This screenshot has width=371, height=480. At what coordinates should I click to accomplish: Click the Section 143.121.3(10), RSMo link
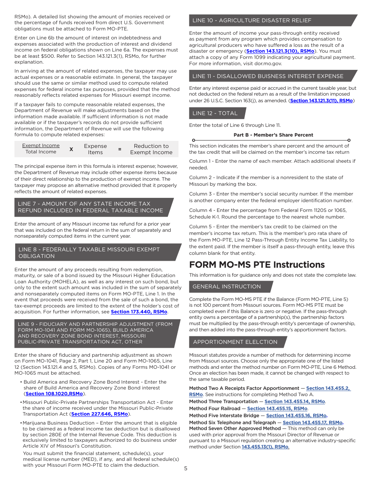pyautogui.click(x=280, y=51)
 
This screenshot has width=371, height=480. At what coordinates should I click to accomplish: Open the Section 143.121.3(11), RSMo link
pyautogui.click(x=321, y=101)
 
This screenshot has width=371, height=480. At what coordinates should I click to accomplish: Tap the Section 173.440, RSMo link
pyautogui.click(x=139, y=312)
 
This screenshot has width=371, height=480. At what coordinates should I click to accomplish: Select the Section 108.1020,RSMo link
pyautogui.click(x=54, y=394)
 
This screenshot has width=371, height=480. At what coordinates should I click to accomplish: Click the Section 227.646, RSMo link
pyautogui.click(x=100, y=414)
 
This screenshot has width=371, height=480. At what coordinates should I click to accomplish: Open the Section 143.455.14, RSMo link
pyautogui.click(x=294, y=402)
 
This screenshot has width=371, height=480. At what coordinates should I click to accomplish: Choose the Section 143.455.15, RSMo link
pyautogui.click(x=277, y=409)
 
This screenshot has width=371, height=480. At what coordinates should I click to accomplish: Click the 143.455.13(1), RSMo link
pyautogui.click(x=265, y=447)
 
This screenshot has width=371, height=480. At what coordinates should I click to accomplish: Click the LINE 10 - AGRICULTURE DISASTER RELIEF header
pyautogui.click(x=252, y=20)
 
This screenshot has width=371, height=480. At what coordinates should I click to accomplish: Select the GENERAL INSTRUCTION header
pyautogui.click(x=227, y=286)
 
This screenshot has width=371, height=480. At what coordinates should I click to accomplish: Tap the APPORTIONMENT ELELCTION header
pyautogui.click(x=235, y=342)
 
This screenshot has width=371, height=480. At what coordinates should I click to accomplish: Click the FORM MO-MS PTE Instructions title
pyautogui.click(x=257, y=265)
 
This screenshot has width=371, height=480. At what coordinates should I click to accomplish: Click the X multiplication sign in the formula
pyautogui.click(x=71, y=149)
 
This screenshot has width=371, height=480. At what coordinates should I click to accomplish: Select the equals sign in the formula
pyautogui.click(x=120, y=149)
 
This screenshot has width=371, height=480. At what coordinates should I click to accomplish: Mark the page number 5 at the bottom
pyautogui.click(x=186, y=469)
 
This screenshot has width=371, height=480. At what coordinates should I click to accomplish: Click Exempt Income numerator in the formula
pyautogui.click(x=41, y=146)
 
